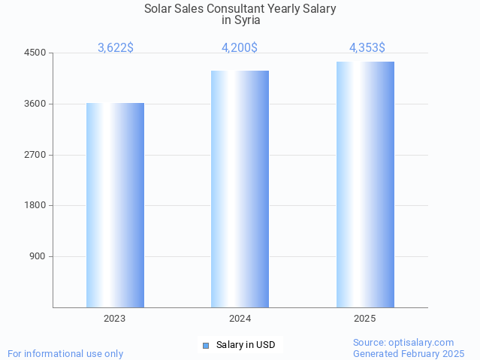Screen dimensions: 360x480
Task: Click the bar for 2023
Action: pyautogui.click(x=115, y=204)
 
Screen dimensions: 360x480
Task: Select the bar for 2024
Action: pyautogui.click(x=240, y=189)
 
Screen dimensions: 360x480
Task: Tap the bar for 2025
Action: pyautogui.click(x=365, y=184)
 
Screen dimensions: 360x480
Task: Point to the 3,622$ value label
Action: pyautogui.click(x=116, y=47)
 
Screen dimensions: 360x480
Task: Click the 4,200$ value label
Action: pyautogui.click(x=240, y=47)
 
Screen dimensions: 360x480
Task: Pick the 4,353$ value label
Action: pyautogui.click(x=367, y=47)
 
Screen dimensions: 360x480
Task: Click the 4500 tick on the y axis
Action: pyautogui.click(x=35, y=53)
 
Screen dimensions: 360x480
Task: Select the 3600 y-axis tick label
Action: pyautogui.click(x=35, y=104)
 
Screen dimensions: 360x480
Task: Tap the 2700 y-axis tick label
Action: pyautogui.click(x=35, y=155)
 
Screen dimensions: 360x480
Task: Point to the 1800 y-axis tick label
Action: pyautogui.click(x=35, y=205)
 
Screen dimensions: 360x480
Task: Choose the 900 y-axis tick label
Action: pyautogui.click(x=38, y=256)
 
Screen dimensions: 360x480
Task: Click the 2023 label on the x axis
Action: pyautogui.click(x=115, y=319)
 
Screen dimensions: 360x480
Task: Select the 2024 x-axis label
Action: pyautogui.click(x=240, y=319)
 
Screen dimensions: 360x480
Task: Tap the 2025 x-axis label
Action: pyautogui.click(x=365, y=319)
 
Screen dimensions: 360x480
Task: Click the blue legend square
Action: pyautogui.click(x=205, y=346)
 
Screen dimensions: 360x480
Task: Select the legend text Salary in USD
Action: pyautogui.click(x=246, y=346)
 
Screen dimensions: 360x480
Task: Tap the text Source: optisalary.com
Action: pyautogui.click(x=403, y=343)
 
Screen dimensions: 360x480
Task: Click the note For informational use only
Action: pyautogui.click(x=65, y=354)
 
